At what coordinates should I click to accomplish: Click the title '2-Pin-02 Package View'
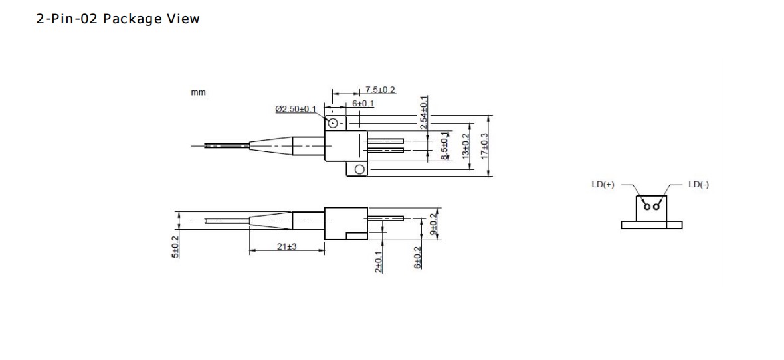[118, 19]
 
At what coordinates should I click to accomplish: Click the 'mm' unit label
[198, 92]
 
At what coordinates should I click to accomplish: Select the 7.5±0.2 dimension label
[380, 90]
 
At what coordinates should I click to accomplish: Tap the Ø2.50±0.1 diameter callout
[296, 108]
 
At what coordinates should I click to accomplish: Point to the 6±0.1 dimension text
[363, 104]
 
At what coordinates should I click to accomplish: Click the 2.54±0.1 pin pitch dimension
[424, 112]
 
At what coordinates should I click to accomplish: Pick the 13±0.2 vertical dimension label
[466, 147]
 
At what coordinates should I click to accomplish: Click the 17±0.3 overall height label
[485, 146]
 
